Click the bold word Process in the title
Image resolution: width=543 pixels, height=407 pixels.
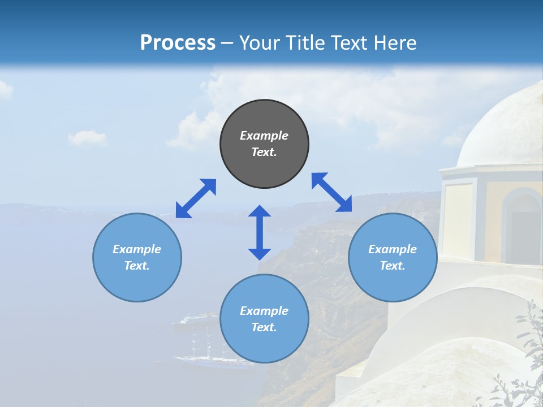coord(178,43)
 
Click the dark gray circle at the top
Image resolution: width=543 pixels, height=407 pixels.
coord(264,144)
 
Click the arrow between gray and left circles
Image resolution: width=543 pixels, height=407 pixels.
coord(196,198)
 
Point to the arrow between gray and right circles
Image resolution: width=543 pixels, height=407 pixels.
coord(331,192)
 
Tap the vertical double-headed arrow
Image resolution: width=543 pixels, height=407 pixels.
coord(260,232)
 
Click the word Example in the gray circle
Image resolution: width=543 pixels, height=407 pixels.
coord(264,136)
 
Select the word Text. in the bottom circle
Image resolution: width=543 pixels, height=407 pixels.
coord(264,327)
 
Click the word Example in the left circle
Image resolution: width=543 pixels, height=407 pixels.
coord(137,249)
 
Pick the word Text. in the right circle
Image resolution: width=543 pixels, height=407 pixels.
coord(393,266)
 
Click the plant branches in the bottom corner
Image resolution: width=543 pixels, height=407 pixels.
coord(523,362)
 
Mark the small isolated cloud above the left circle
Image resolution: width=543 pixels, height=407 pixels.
coord(87,138)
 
